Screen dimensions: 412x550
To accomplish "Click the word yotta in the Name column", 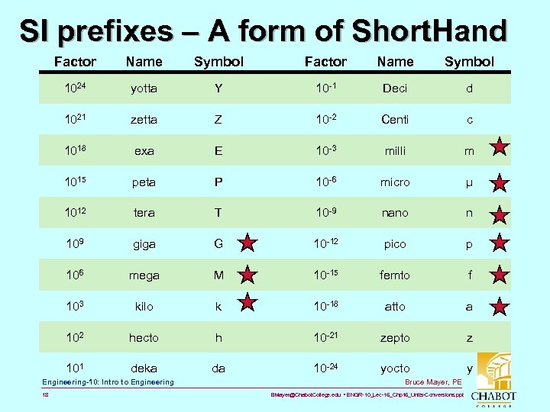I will pos(144,89).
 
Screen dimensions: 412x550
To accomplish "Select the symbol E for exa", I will pos(218,151).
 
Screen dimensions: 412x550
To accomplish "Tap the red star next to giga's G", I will pos(247,244).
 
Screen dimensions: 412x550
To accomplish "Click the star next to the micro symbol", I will pos(499,182).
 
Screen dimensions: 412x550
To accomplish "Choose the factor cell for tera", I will pos(74,213).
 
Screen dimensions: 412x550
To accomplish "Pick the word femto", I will pos(395,275).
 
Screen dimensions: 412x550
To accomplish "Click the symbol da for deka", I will pos(218,369).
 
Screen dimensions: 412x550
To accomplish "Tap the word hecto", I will pos(144,338).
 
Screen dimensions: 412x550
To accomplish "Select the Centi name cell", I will pos(395,120).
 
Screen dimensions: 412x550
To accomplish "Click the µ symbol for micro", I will pos(470,182).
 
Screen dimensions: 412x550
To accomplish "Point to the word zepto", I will pos(395,338).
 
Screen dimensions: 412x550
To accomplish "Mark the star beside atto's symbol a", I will pos(499,307).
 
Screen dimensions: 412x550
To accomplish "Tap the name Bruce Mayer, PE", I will pos(434,381).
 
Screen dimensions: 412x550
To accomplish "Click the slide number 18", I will pos(47,396).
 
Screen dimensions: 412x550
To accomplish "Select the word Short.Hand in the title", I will pos(429,32).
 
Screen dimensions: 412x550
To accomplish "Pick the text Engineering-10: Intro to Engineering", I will pos(108,381).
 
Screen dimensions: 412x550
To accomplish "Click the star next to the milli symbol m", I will pos(499,147).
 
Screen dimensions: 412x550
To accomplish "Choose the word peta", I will pos(144,182).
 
